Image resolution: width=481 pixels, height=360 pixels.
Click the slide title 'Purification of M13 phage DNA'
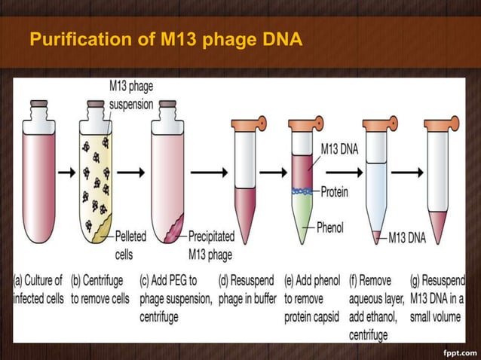(166, 37)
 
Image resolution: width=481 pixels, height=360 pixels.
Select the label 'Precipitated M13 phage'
(211, 246)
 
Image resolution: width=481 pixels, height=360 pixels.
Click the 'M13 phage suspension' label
(130, 96)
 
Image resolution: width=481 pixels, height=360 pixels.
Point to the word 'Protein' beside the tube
(334, 192)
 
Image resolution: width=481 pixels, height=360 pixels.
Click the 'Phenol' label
(332, 227)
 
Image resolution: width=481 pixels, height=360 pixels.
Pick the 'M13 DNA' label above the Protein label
(339, 149)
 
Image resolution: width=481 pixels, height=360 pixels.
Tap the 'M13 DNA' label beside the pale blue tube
(407, 238)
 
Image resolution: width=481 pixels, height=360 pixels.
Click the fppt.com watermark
(458, 351)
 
